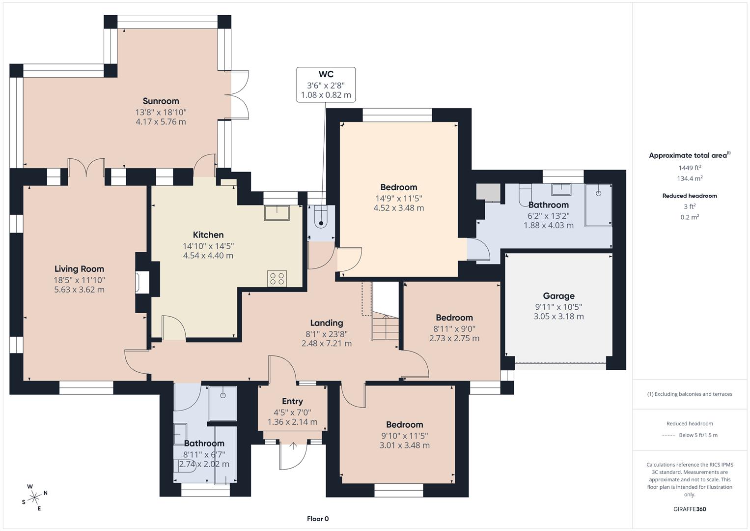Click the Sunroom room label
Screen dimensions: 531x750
tap(161, 101)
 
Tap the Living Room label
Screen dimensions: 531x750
tap(79, 269)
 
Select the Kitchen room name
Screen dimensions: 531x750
tap(208, 235)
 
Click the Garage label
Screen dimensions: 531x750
tap(558, 296)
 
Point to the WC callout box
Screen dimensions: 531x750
tap(326, 85)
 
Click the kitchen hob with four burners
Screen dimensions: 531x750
tap(277, 279)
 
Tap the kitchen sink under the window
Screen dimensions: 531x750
tap(277, 213)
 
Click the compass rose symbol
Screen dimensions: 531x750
tap(35, 497)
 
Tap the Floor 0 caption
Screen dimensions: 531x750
tap(318, 519)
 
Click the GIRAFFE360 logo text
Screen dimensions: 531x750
tap(690, 509)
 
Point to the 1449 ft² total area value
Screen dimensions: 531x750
tap(690, 168)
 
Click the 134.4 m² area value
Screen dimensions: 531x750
tap(690, 178)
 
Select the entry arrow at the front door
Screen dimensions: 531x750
tap(293, 446)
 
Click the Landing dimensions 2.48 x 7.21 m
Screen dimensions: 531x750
tap(326, 344)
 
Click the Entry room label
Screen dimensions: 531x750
tap(292, 401)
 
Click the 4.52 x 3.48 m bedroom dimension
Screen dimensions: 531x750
tap(398, 208)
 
